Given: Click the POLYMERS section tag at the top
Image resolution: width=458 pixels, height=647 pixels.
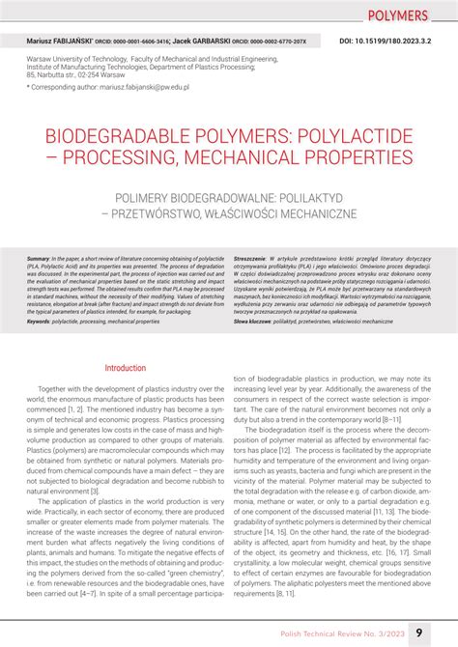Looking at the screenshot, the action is pos(398,16).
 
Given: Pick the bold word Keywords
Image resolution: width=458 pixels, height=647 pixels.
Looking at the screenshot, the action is pos(40,321).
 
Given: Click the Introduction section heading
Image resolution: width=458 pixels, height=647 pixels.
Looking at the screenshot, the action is pos(125,368).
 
